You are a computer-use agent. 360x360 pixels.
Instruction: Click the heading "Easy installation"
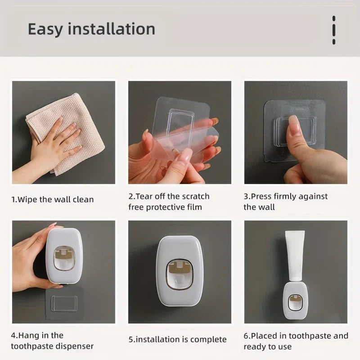[x=91, y=29]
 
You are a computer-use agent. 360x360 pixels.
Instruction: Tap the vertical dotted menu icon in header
[x=333, y=30]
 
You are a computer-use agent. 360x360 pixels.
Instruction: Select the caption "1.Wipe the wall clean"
[x=53, y=199]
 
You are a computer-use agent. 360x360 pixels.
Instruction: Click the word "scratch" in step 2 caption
[x=196, y=196]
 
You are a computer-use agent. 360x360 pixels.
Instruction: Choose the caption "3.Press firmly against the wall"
[x=286, y=202]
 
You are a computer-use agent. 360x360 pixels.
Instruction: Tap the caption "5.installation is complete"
[x=178, y=339]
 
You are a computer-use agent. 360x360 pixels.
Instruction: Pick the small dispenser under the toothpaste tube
[x=295, y=304]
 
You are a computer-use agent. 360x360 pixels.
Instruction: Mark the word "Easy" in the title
[x=44, y=29]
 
